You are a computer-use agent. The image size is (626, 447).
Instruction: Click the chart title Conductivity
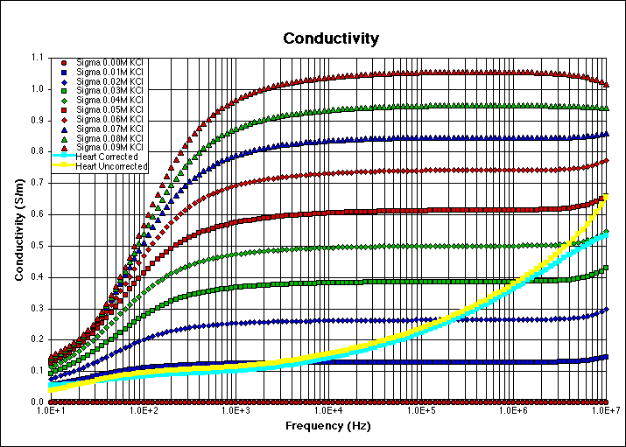pos(330,38)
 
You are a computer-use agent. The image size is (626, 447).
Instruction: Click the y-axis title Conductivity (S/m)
pos(18,229)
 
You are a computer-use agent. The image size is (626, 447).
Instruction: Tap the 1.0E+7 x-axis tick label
pos(607,409)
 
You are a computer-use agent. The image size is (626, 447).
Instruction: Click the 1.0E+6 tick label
pos(514,409)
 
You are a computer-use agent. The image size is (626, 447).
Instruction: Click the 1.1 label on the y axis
pos(35,57)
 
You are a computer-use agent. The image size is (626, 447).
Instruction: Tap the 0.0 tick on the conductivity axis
pos(35,402)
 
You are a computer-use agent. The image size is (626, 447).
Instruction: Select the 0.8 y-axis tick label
pos(35,151)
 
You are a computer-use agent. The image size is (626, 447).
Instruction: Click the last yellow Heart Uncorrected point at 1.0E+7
pos(607,197)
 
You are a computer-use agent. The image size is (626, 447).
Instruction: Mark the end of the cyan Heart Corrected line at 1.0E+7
pos(607,234)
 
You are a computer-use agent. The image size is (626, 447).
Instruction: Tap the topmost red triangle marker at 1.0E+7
pos(607,84)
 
